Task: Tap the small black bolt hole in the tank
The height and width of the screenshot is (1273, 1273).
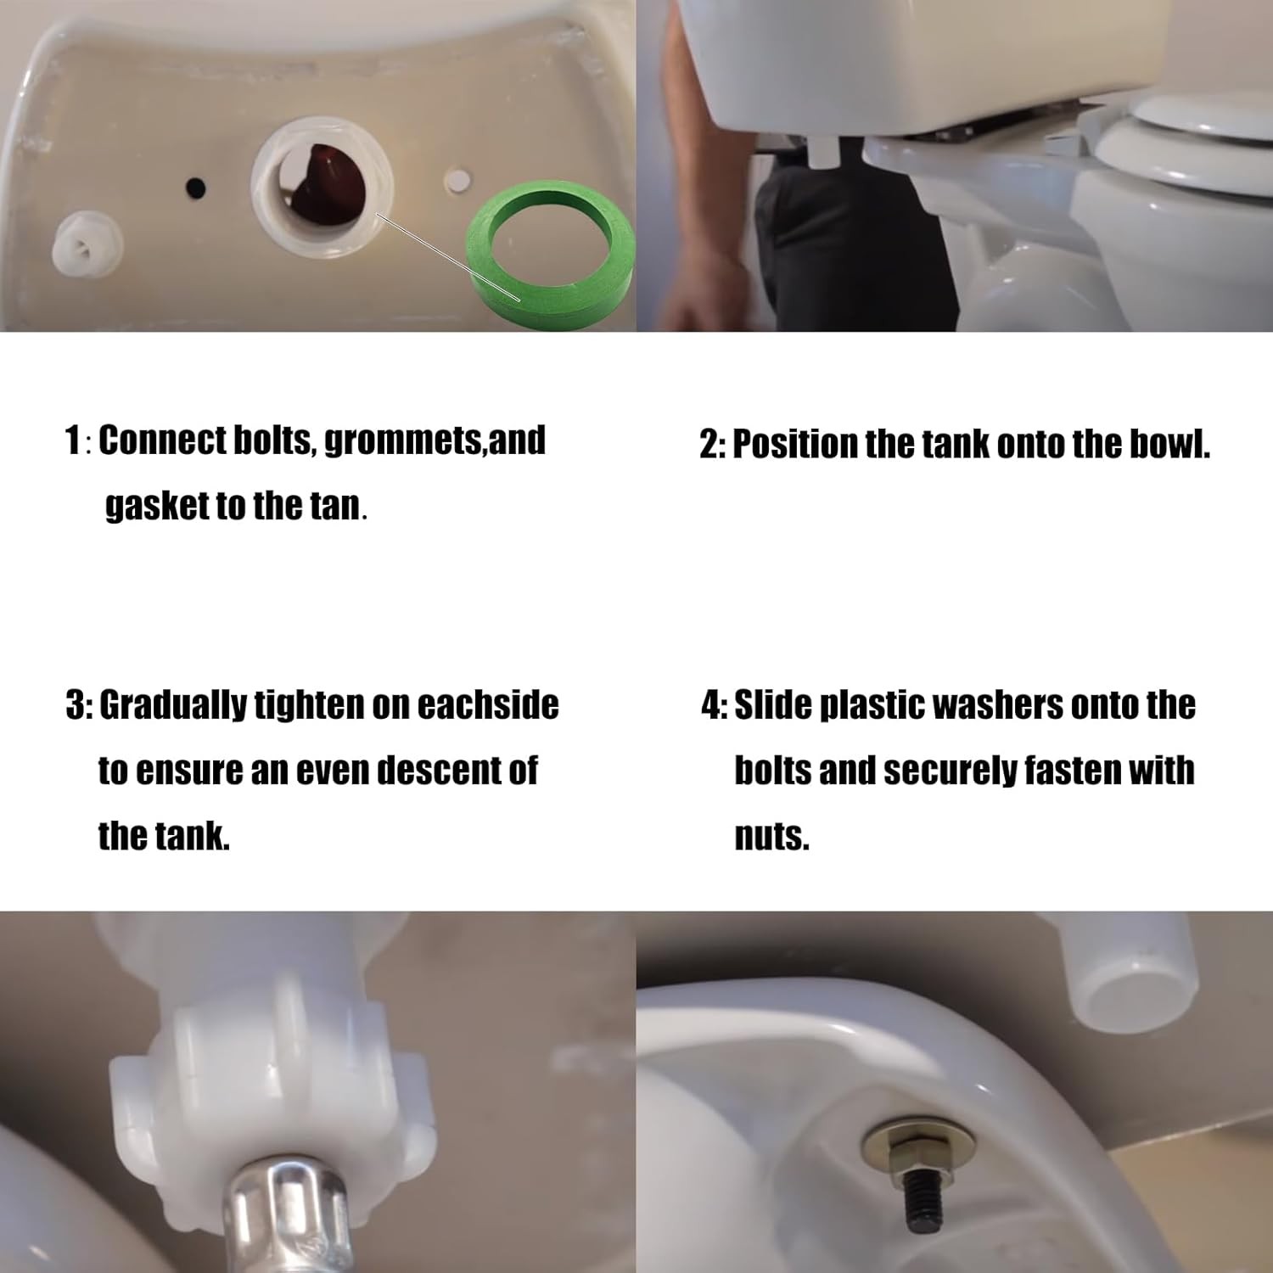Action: pos(196,184)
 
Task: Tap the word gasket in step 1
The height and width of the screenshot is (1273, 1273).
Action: pos(156,506)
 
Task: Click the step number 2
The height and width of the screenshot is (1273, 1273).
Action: pos(709,444)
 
